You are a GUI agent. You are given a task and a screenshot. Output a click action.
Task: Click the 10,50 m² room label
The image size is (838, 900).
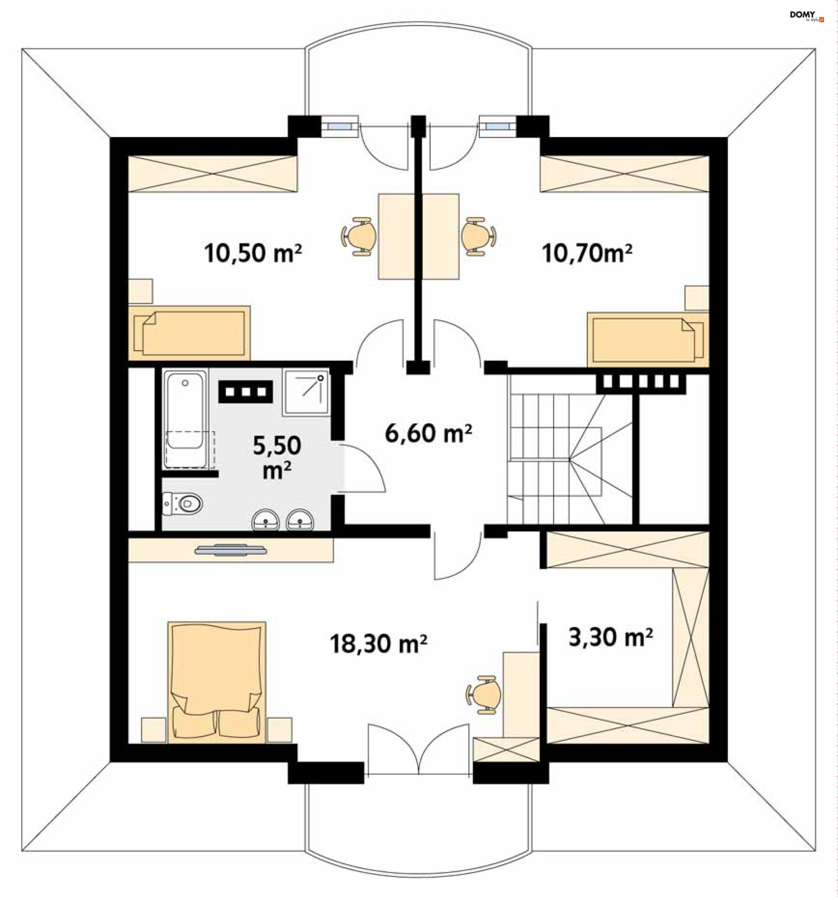[252, 252]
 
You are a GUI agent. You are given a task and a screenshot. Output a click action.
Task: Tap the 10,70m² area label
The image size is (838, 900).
[587, 252]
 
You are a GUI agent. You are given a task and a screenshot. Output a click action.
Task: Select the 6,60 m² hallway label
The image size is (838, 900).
[428, 433]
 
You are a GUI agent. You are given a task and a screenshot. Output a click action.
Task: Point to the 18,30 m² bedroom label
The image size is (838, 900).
[378, 643]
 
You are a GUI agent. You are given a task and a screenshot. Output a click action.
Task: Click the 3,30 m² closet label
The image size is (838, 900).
[611, 637]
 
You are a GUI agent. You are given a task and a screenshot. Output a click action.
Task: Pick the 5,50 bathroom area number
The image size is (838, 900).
[277, 446]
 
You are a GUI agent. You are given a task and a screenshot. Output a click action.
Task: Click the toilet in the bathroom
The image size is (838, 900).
[182, 503]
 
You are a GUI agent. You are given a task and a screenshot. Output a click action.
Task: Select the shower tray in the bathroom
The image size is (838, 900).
[306, 392]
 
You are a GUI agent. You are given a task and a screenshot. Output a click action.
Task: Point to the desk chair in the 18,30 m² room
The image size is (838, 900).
[484, 695]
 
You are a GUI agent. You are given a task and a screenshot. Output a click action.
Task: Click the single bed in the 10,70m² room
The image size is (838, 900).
[648, 340]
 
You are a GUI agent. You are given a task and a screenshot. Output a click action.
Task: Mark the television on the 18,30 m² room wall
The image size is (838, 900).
[231, 550]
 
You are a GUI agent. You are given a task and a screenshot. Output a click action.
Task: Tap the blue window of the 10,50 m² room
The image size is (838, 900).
[340, 126]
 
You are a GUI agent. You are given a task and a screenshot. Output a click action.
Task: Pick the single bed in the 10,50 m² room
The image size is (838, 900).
[189, 333]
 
